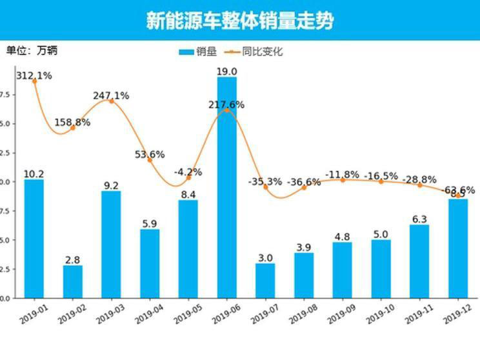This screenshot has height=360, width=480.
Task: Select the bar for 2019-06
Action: [x=226, y=187]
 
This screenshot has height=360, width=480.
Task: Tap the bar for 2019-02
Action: [x=72, y=281]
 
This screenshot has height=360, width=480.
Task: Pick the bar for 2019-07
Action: [x=265, y=280]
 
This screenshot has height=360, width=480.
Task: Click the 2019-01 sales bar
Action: [x=34, y=239]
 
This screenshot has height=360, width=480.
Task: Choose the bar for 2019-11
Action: [x=419, y=261]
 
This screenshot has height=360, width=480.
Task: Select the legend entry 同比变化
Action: [x=255, y=52]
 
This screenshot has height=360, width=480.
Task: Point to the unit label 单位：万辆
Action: [x=36, y=50]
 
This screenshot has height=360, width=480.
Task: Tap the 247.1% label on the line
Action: [x=111, y=95]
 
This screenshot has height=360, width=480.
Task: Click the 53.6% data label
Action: [x=150, y=154]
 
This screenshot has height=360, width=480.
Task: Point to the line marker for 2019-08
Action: [x=304, y=187]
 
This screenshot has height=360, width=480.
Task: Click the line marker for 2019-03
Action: [x=111, y=101]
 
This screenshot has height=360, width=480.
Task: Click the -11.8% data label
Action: [x=343, y=175]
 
